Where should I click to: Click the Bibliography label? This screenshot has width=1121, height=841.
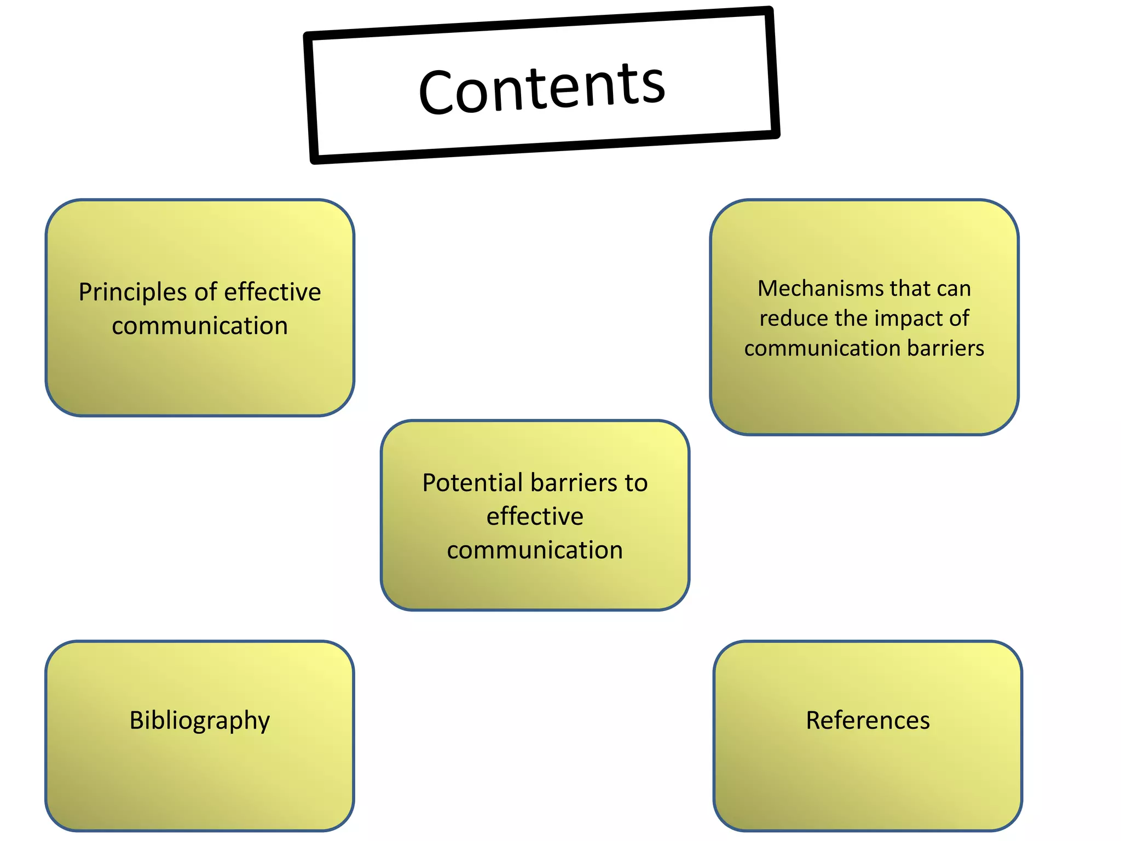pos(200,721)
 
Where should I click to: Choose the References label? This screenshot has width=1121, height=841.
pos(868,721)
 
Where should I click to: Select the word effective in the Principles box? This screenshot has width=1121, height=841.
pos(273,292)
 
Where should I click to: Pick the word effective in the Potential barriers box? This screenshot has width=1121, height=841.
pos(535,516)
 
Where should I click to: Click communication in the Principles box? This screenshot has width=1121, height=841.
pos(200,326)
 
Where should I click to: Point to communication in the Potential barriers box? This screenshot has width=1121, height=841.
pos(535,550)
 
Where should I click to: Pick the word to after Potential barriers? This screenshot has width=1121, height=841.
pos(636,483)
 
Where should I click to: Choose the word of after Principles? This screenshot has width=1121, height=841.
pos(206,292)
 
